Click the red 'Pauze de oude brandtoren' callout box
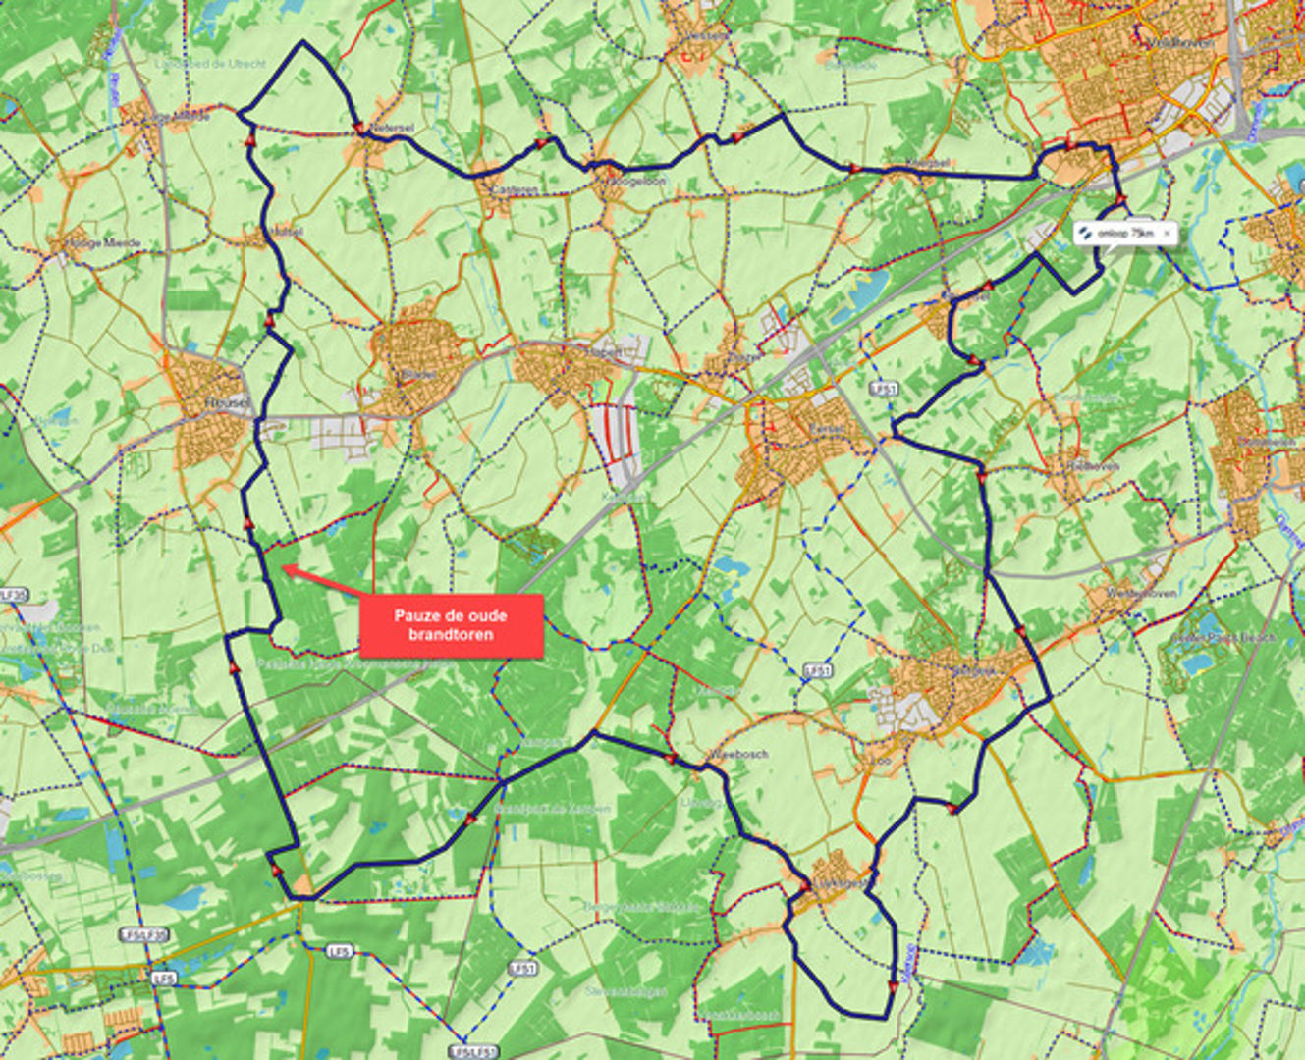click(451, 625)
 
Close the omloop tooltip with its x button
click(1167, 234)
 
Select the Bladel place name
click(418, 375)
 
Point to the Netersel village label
click(391, 128)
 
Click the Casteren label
click(517, 189)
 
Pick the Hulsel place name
click(285, 233)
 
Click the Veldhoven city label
click(1178, 43)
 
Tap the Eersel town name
click(826, 429)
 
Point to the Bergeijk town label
click(972, 671)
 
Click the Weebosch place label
click(738, 755)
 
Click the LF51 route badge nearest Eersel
click(884, 390)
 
